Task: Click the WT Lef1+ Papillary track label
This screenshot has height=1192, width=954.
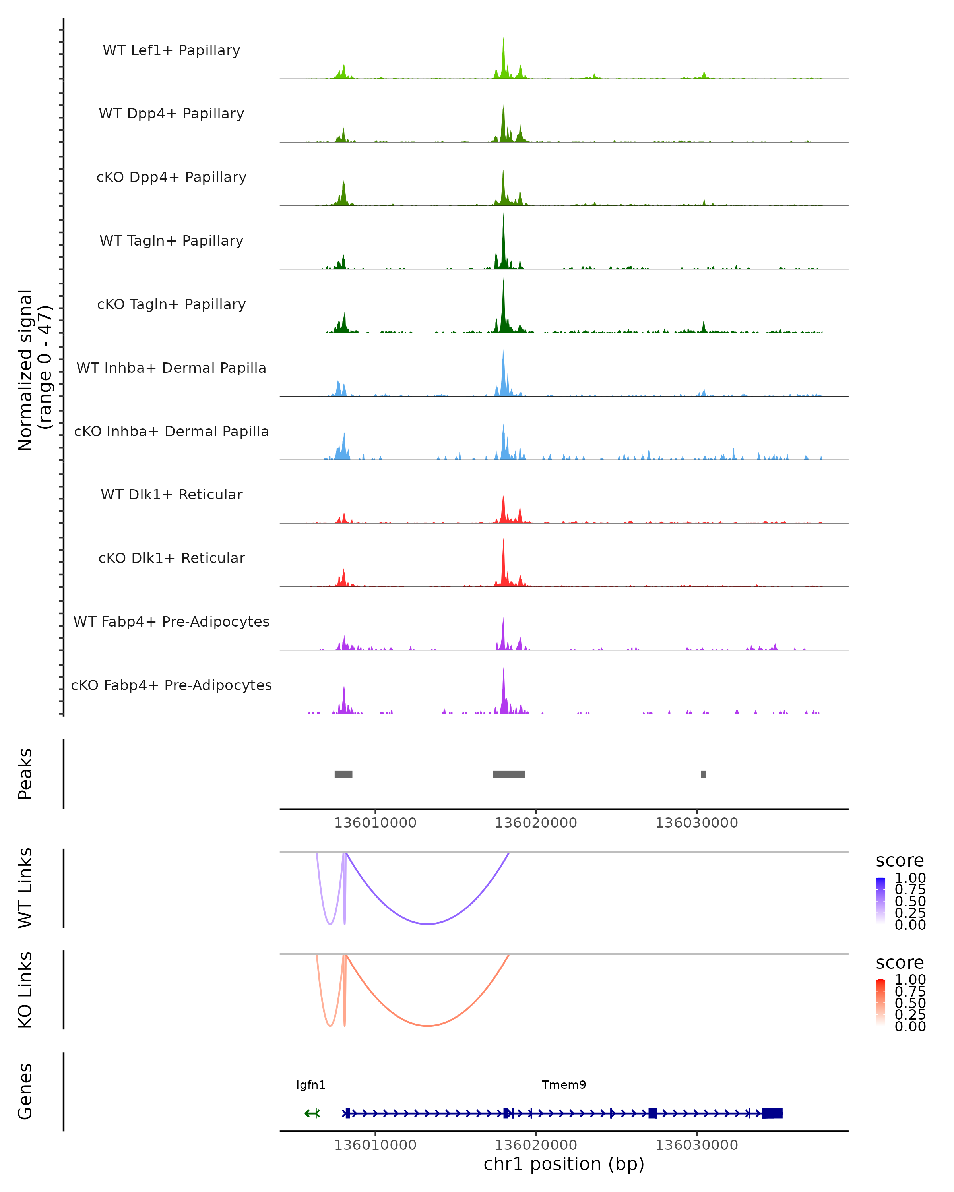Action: pyautogui.click(x=171, y=50)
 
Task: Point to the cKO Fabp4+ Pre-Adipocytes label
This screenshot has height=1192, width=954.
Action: pyautogui.click(x=171, y=685)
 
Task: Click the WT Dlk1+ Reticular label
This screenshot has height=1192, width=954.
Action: pyautogui.click(x=171, y=494)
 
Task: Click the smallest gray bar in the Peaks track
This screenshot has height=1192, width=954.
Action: pyautogui.click(x=704, y=774)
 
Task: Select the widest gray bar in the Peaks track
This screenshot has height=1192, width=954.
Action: pyautogui.click(x=509, y=774)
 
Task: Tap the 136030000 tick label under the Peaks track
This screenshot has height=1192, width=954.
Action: pyautogui.click(x=696, y=823)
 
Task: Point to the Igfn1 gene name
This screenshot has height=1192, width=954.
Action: pyautogui.click(x=311, y=1085)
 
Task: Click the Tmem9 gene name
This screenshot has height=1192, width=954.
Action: pyautogui.click(x=564, y=1085)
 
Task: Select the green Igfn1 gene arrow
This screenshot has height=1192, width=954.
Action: pyautogui.click(x=312, y=1113)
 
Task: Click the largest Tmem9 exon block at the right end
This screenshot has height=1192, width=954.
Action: pyautogui.click(x=772, y=1113)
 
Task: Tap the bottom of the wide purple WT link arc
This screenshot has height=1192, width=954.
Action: pyautogui.click(x=427, y=924)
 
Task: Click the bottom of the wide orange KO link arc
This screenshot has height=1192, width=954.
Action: pyautogui.click(x=427, y=1026)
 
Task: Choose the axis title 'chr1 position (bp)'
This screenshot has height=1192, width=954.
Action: pyautogui.click(x=564, y=1164)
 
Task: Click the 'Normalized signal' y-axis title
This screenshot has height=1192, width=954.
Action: pyautogui.click(x=25, y=370)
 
